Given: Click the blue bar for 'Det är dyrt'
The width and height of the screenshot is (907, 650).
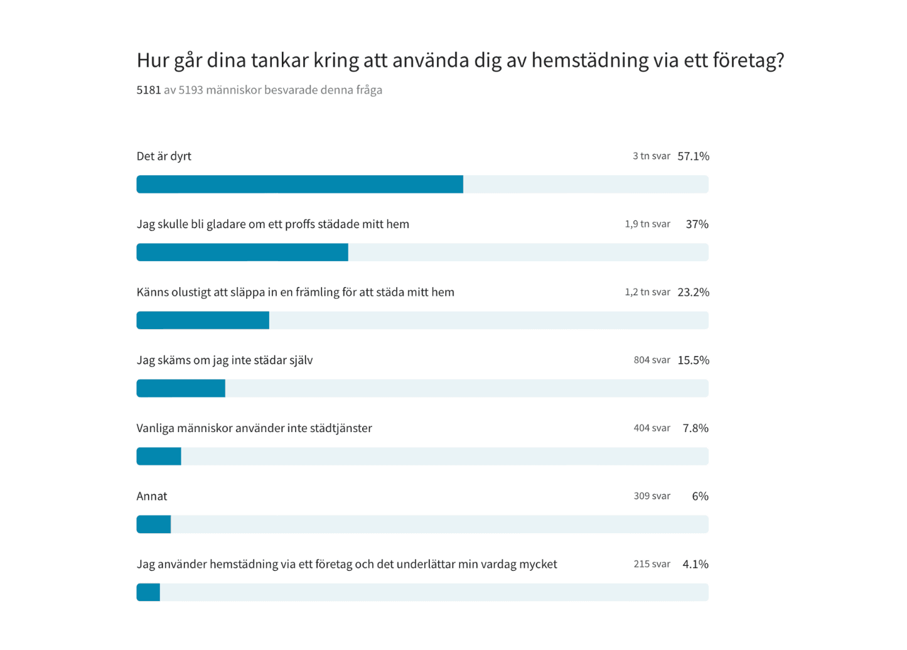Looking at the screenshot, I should [299, 184].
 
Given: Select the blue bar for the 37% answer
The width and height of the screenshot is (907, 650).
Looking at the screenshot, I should [242, 252].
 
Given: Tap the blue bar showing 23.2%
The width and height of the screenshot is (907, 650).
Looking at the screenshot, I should [203, 320].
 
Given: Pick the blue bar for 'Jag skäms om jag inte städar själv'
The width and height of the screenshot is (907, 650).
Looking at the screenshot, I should [181, 388].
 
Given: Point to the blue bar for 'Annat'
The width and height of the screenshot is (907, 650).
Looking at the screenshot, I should [154, 524].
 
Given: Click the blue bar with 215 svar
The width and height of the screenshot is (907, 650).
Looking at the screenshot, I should [148, 592].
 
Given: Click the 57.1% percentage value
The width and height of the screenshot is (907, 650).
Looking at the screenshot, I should [693, 156].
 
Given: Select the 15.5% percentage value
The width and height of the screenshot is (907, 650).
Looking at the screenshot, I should [693, 360].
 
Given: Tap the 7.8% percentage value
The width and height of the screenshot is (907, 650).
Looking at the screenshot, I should [695, 428].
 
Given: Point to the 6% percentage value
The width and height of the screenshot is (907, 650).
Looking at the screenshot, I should [700, 496].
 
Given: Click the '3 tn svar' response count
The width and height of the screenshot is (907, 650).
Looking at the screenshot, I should [651, 156].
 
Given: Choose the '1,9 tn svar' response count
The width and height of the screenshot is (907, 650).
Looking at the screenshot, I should [647, 224].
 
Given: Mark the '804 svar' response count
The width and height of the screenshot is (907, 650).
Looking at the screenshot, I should [652, 360].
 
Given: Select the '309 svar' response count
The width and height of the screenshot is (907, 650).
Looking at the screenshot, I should [652, 496].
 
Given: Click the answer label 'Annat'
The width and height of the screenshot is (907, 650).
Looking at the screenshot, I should [152, 496].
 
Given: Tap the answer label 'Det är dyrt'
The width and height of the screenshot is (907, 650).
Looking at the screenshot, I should [164, 156].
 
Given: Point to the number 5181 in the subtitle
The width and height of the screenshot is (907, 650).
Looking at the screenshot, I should [149, 90].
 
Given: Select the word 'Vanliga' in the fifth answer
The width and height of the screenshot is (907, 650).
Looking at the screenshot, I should [155, 428].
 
